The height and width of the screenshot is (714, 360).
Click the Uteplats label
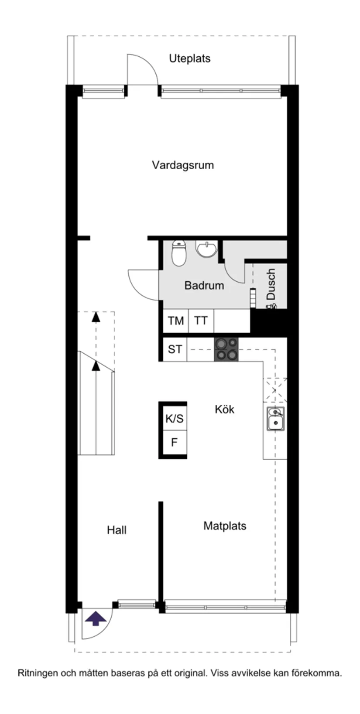189,58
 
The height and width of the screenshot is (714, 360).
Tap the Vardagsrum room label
183,165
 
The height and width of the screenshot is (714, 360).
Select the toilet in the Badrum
178,253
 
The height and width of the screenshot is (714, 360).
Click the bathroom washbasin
206,249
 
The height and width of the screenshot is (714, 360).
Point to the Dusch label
271,284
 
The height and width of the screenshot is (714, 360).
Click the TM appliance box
175,321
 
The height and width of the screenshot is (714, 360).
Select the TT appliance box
201,321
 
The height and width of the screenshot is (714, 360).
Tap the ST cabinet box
175,349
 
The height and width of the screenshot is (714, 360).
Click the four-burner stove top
226,349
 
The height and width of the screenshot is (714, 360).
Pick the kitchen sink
275,419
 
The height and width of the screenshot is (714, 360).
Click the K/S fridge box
174,419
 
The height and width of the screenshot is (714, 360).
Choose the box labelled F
174,443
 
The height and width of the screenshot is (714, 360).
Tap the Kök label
224,409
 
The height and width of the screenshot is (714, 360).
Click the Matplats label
225,526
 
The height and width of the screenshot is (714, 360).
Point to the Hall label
117,530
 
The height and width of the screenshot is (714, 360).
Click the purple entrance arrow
96,618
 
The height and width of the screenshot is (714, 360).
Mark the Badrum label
204,286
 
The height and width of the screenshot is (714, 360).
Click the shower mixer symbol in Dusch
271,306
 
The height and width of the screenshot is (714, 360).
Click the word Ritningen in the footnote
37,673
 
